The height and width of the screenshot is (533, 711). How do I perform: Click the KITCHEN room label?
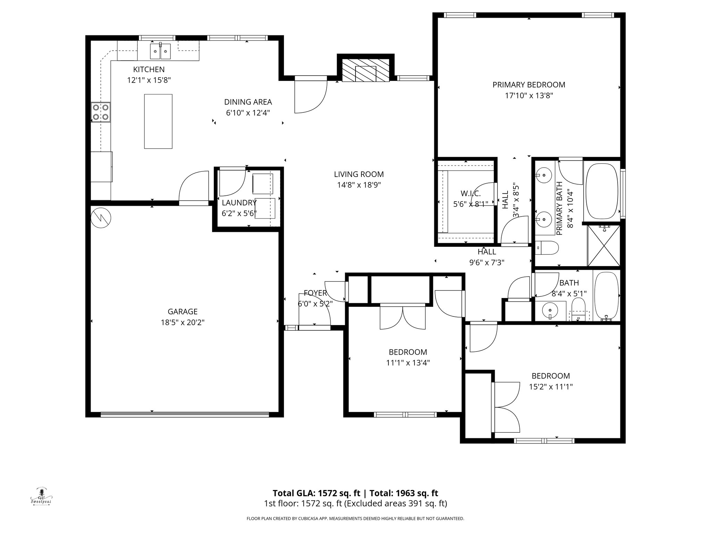[x=149, y=69]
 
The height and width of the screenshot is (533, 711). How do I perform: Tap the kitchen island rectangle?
[x=158, y=121]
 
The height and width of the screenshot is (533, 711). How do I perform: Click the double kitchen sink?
[x=160, y=52]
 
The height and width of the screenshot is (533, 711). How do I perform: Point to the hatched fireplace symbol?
[x=366, y=70]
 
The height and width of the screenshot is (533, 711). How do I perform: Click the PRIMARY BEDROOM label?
[x=528, y=85]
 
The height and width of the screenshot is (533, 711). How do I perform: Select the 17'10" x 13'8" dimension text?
[x=528, y=95]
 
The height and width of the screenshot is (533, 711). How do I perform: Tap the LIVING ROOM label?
[x=359, y=174]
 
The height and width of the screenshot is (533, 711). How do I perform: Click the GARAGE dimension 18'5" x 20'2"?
[x=182, y=322]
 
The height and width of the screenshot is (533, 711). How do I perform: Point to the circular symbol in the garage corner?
[x=101, y=218]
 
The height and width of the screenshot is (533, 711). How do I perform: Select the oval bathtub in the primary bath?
[x=602, y=191]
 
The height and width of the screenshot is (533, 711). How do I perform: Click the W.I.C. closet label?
[x=470, y=193]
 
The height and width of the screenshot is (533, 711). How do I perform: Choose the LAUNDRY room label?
[x=239, y=203]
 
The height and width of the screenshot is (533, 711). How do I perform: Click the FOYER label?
[x=315, y=293]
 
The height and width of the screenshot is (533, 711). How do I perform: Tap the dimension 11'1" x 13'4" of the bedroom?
[x=408, y=363]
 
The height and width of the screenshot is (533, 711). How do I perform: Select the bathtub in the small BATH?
[x=606, y=296]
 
